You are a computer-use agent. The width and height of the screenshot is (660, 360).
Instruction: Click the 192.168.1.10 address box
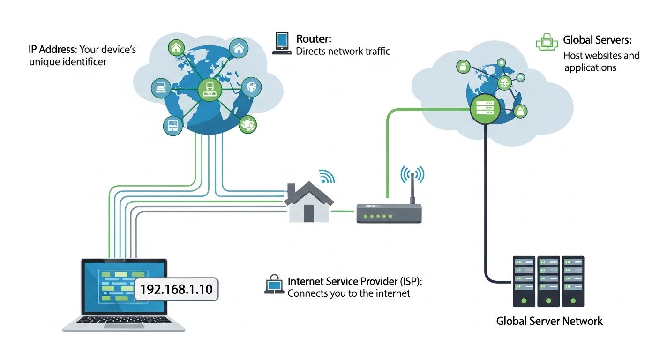tap(176, 290)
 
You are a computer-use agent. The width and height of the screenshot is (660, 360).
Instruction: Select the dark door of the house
tap(308, 213)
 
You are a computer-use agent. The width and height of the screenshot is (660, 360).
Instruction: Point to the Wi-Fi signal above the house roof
tap(327, 177)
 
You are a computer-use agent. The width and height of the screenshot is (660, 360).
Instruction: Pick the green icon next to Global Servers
tap(547, 43)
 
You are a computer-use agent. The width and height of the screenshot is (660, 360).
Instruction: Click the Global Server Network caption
tap(549, 322)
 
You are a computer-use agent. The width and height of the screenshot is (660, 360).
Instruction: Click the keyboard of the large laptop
tap(124, 320)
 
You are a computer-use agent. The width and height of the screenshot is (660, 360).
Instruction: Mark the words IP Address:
tap(52, 49)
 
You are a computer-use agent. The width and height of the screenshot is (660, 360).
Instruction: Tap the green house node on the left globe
tap(176, 47)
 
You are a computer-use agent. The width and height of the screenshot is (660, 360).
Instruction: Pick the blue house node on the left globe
tap(238, 48)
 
